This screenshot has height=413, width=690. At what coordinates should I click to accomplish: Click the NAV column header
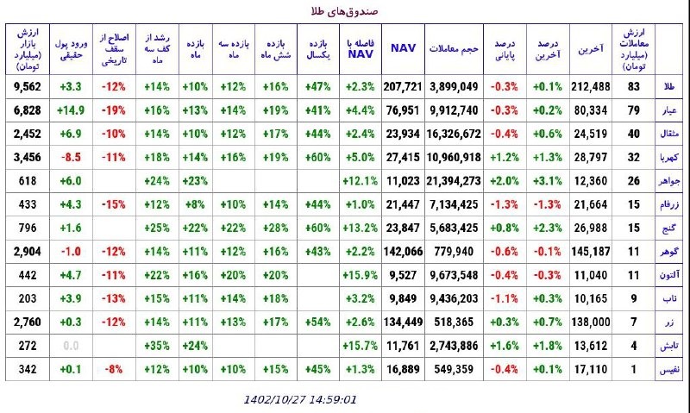(x=403, y=48)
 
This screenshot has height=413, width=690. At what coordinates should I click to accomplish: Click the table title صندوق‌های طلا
(x=344, y=11)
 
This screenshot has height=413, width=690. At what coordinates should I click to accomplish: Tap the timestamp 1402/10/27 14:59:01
(x=300, y=399)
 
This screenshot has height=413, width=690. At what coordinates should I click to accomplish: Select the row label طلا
(x=669, y=86)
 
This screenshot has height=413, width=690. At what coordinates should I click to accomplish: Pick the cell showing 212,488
(x=591, y=86)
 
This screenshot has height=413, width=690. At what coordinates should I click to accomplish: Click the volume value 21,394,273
(x=454, y=181)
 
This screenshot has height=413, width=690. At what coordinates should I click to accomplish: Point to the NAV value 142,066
(x=403, y=252)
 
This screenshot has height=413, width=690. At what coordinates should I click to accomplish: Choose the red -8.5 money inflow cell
(x=71, y=158)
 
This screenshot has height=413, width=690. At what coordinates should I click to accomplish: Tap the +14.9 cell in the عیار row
(x=71, y=110)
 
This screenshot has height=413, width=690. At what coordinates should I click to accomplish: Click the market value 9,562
(x=28, y=86)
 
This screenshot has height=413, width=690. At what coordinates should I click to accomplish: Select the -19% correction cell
(x=114, y=110)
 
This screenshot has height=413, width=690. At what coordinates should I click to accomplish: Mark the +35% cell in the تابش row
(x=157, y=346)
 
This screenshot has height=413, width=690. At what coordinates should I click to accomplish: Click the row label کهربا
(x=669, y=158)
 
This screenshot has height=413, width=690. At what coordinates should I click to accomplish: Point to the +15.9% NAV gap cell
(x=360, y=275)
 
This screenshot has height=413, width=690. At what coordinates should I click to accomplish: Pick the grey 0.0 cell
(x=71, y=346)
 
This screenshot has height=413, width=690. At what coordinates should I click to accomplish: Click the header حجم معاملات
(x=454, y=48)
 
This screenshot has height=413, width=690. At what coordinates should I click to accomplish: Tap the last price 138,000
(x=591, y=322)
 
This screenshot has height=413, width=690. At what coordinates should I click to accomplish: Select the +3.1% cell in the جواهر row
(x=548, y=181)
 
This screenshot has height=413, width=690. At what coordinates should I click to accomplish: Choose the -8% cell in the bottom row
(x=114, y=369)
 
